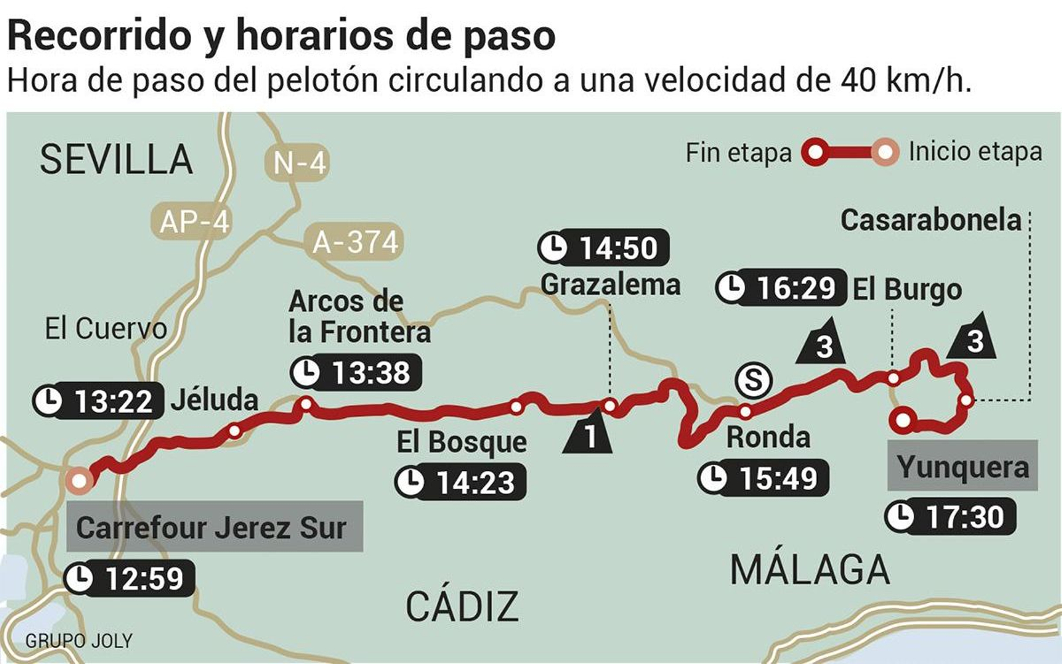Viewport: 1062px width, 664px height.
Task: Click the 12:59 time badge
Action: click(x=129, y=578)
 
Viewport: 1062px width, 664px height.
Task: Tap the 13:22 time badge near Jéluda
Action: click(x=98, y=401)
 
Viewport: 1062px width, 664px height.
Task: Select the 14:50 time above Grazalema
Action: click(x=603, y=248)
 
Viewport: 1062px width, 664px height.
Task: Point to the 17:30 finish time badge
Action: click(x=951, y=516)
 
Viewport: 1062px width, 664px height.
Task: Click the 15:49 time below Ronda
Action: click(x=763, y=478)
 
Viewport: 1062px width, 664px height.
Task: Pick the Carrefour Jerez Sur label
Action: click(x=214, y=527)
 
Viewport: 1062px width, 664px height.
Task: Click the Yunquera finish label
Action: click(x=962, y=466)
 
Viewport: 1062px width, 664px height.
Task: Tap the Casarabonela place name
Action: click(x=931, y=220)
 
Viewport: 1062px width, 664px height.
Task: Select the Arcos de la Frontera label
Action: click(x=359, y=316)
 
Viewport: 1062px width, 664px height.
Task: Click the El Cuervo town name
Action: click(x=106, y=328)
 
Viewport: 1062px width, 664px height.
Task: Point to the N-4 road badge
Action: click(x=299, y=163)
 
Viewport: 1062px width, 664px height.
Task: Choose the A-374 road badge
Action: click(x=355, y=242)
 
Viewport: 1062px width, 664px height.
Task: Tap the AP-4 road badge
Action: click(x=194, y=222)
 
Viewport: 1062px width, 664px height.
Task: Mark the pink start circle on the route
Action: click(x=79, y=480)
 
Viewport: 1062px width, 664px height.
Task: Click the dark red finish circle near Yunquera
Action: click(x=903, y=419)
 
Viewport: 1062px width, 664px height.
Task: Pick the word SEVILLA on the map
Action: click(x=116, y=160)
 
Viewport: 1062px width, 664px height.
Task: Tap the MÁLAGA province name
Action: click(x=810, y=569)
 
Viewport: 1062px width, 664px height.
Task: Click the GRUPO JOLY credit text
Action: click(x=79, y=641)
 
